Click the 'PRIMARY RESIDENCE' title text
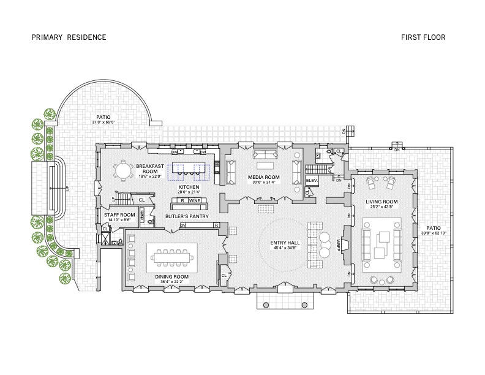click(69, 37)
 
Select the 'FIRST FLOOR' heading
click(423, 37)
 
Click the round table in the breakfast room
click(124, 170)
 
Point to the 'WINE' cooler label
click(195, 200)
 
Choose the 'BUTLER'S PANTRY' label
click(187, 216)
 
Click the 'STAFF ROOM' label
click(119, 215)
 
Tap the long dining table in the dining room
click(172, 257)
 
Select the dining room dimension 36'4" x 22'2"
click(171, 282)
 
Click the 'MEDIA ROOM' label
click(263, 177)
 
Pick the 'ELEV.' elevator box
click(310, 181)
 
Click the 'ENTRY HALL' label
click(284, 242)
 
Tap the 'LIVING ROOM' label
click(382, 202)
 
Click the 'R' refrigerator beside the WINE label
click(182, 200)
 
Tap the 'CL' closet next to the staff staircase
click(141, 200)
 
